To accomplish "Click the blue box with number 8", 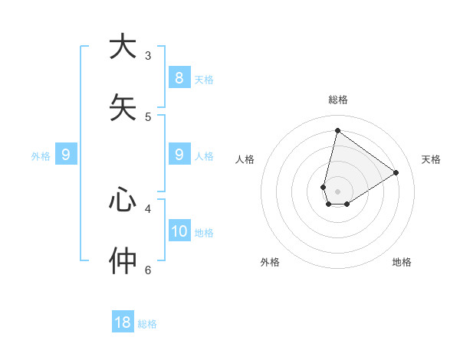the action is pyautogui.click(x=179, y=77).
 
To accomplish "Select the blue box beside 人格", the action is pyautogui.click(x=179, y=155).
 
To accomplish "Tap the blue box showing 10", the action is pyautogui.click(x=179, y=231).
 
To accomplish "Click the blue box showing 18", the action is pyautogui.click(x=123, y=322).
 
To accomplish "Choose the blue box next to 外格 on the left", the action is pyautogui.click(x=66, y=155).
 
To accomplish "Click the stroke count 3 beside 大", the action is pyautogui.click(x=148, y=55).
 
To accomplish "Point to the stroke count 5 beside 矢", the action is pyautogui.click(x=148, y=116).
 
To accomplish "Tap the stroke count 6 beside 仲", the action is pyautogui.click(x=148, y=270).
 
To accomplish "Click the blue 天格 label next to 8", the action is pyautogui.click(x=204, y=80).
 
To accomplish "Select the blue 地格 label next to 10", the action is pyautogui.click(x=204, y=233).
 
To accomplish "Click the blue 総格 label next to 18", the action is pyautogui.click(x=147, y=325).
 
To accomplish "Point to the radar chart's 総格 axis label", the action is pyautogui.click(x=338, y=100).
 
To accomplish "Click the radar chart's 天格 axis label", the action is pyautogui.click(x=431, y=159).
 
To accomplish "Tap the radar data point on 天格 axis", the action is pyautogui.click(x=396, y=172).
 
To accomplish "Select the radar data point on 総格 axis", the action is pyautogui.click(x=337, y=130).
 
